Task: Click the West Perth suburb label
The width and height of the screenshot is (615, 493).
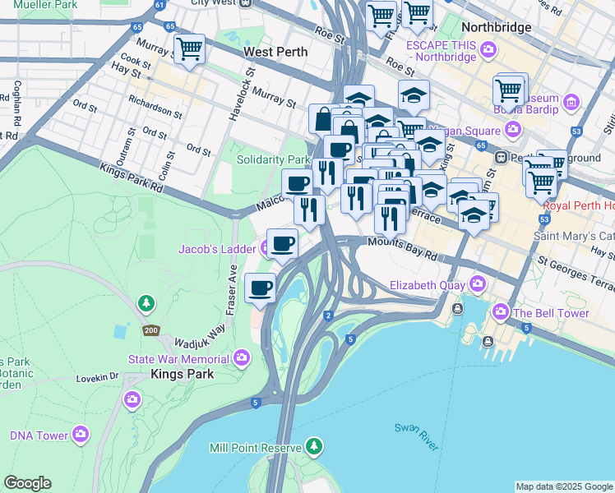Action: (275, 52)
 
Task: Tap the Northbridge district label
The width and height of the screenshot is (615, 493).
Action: (496, 27)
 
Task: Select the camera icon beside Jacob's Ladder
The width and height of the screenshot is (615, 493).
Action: (266, 247)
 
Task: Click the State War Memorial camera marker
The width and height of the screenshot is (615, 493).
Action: (241, 357)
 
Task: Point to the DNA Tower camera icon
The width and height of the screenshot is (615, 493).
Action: (81, 433)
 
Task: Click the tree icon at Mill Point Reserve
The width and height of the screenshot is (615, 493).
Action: (312, 447)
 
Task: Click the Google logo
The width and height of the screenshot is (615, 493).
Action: (27, 483)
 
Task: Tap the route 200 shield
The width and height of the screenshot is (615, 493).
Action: (150, 330)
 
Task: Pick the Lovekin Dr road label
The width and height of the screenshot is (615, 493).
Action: (98, 377)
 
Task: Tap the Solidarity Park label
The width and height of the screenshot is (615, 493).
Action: (273, 159)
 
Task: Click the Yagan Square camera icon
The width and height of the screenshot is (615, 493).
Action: (513, 129)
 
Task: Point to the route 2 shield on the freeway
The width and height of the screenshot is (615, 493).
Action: (328, 316)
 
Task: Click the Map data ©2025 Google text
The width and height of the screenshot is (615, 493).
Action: (564, 486)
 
